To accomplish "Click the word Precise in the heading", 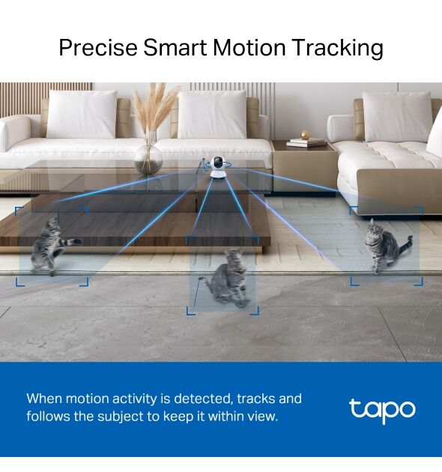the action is [x=98, y=47].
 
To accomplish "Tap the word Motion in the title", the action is [x=249, y=47].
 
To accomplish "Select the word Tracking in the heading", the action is [x=338, y=48].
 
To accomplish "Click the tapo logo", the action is [x=382, y=411].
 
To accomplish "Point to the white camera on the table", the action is [x=218, y=168].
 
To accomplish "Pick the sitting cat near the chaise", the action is [x=385, y=245].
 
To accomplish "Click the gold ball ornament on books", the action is [x=305, y=134].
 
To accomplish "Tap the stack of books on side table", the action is [x=306, y=142].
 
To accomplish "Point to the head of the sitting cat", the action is [x=375, y=229].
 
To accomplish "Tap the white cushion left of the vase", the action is [x=82, y=115].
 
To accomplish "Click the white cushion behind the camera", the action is [x=212, y=115].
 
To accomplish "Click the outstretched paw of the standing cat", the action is [x=76, y=240].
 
